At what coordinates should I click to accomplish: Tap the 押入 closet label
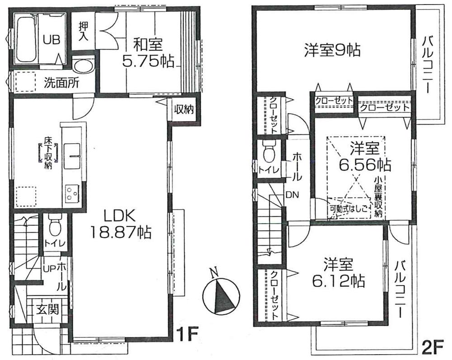tap(84, 31)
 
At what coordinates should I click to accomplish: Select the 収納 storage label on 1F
tap(184, 110)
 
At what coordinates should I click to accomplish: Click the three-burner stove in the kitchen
tap(71, 193)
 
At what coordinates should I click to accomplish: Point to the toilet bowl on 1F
tap(54, 224)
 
